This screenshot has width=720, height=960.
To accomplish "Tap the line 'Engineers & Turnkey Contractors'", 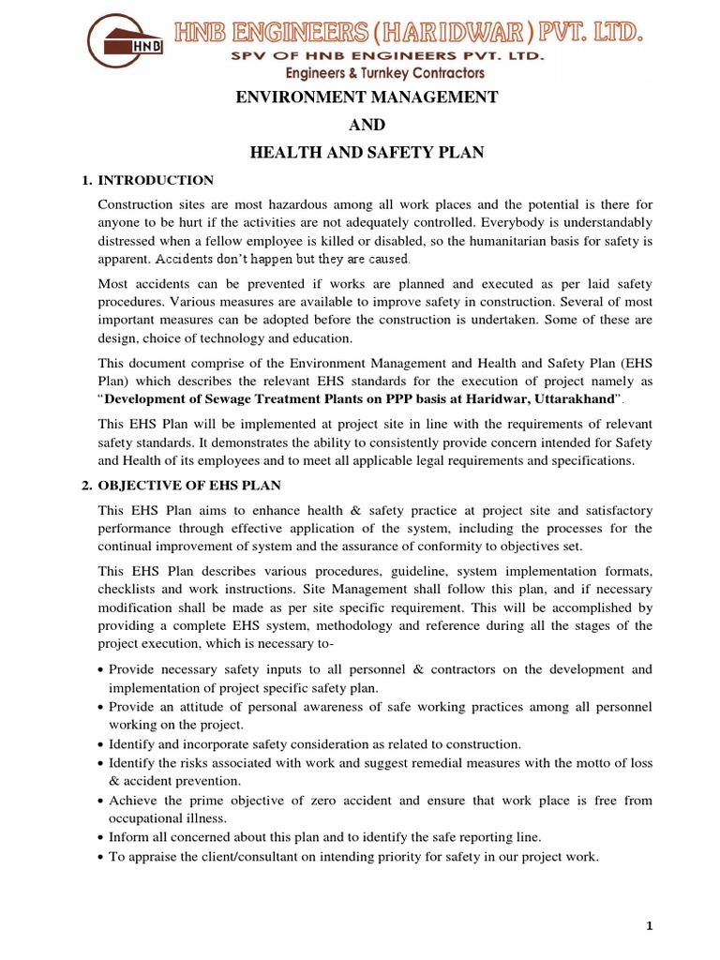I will (x=397, y=73).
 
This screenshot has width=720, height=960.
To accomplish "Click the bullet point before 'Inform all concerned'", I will (x=100, y=837).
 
